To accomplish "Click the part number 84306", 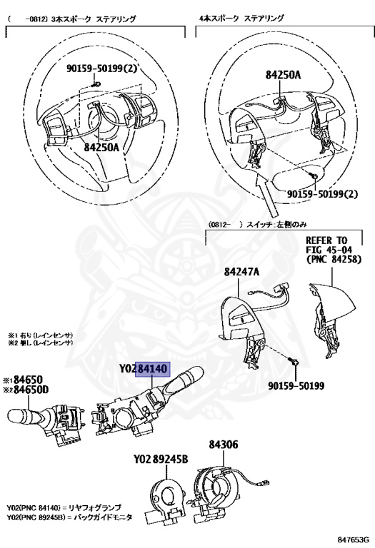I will click(x=224, y=444).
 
